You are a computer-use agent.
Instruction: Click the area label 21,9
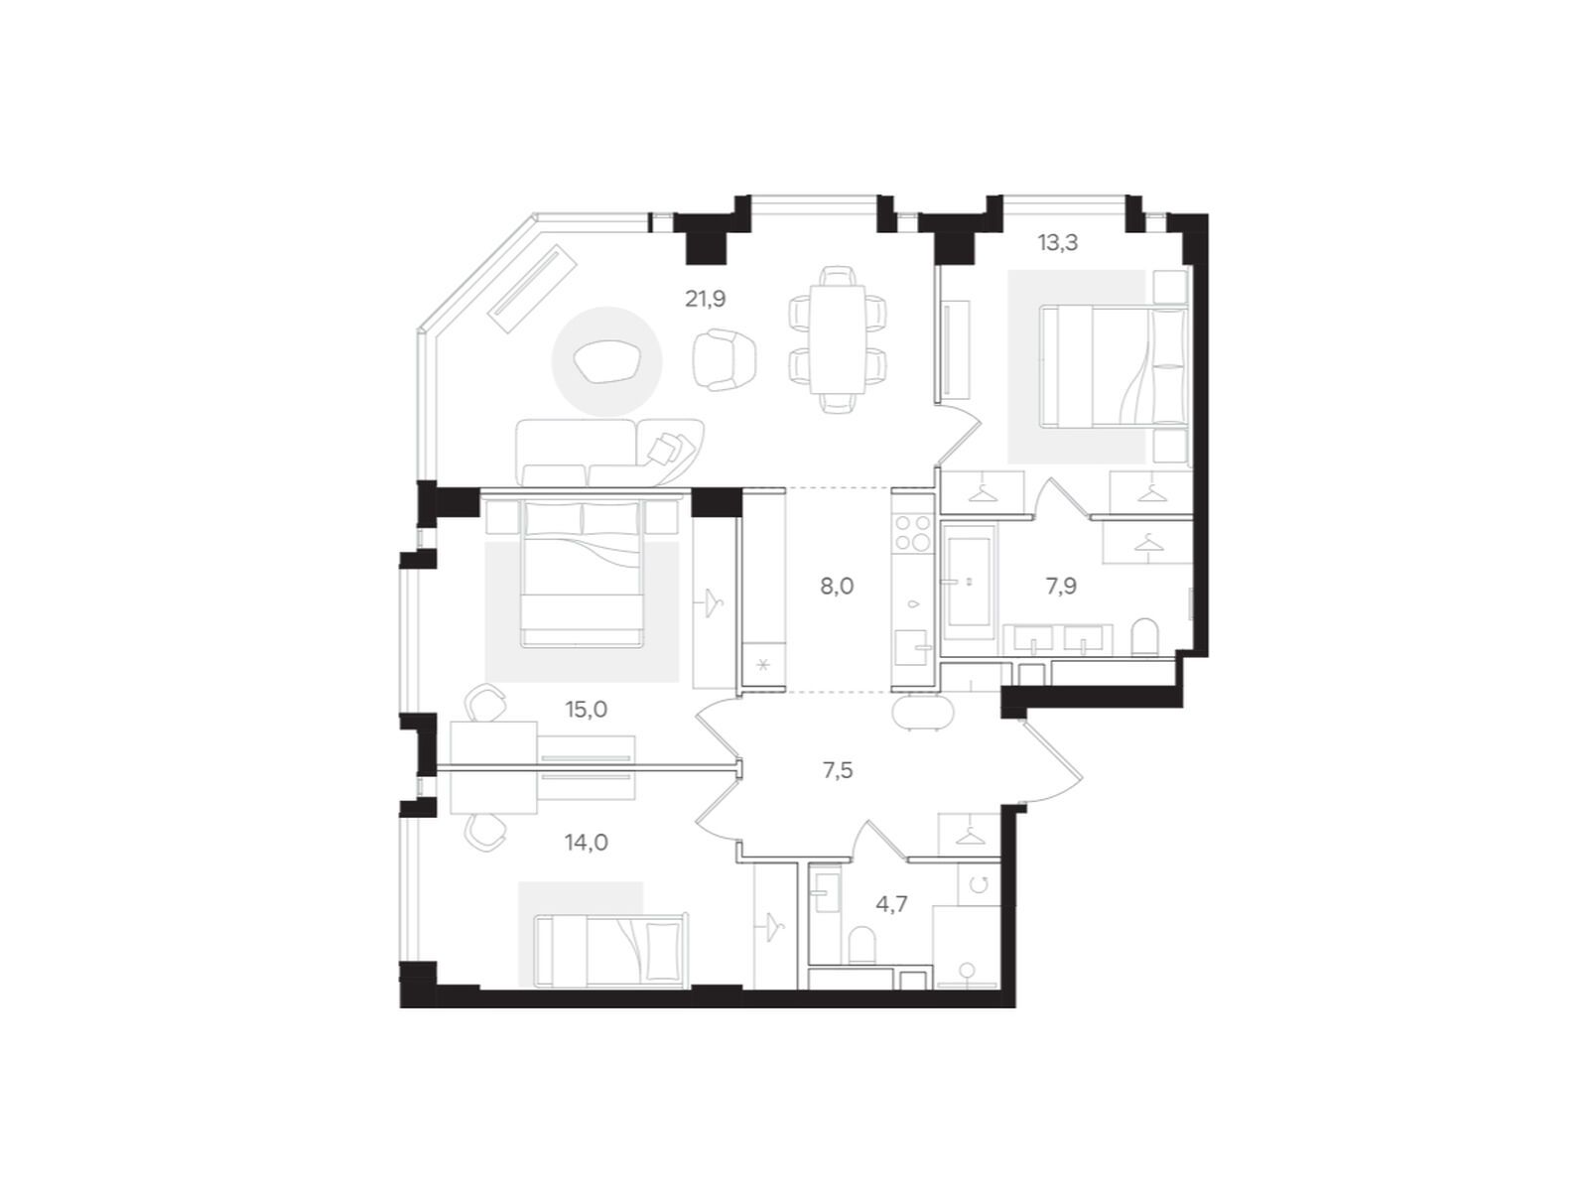pos(705,298)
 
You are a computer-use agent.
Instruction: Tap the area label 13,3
pos(1058,242)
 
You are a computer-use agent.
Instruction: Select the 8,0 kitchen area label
pos(837,587)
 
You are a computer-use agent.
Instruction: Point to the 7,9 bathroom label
pos(1061,587)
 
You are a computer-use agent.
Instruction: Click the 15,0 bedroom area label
pos(586,710)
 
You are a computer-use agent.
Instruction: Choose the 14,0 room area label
pos(586,843)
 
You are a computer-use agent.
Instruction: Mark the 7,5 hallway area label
pos(838,770)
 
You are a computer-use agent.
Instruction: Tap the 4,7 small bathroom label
pos(891,904)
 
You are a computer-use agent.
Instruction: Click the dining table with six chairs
pos(838,339)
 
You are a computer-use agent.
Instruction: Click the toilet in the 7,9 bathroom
pos(1144,636)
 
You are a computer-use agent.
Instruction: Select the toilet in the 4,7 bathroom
pos(861,944)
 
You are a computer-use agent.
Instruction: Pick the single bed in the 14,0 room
pos(608,938)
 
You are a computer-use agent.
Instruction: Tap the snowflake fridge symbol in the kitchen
pos(762,665)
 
